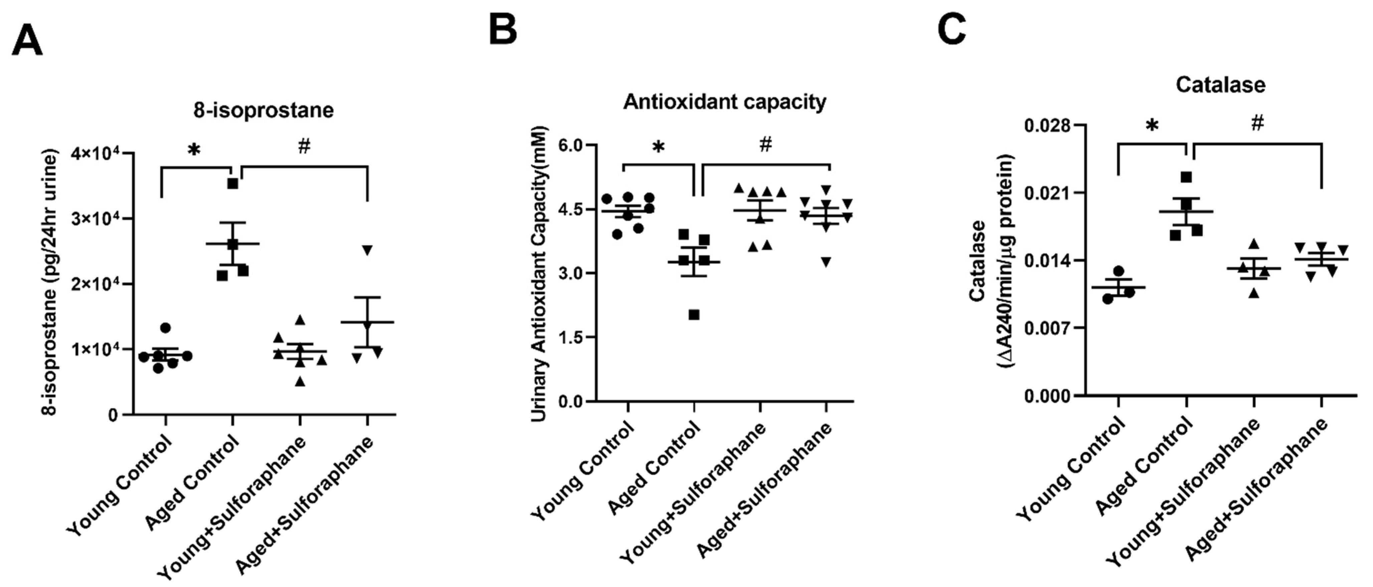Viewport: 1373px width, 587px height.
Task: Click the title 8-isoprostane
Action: tap(263, 110)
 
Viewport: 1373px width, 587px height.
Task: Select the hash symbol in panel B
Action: tap(765, 144)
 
